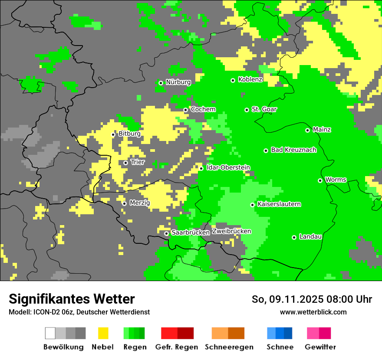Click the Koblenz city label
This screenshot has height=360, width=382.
tap(250, 80)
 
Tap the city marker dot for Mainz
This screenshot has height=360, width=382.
tap(307, 130)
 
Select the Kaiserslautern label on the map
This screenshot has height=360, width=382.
tap(279, 204)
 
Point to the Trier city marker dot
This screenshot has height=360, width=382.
tap(125, 163)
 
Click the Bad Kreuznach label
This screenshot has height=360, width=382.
tap(293, 150)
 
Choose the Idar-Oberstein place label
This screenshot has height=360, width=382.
tap(228, 168)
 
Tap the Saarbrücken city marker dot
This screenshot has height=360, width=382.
tap(166, 233)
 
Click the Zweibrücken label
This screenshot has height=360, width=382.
tap(231, 231)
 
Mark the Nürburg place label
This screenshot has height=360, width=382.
tap(178, 82)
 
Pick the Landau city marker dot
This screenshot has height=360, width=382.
tap(294, 237)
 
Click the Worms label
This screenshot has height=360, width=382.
tap(336, 180)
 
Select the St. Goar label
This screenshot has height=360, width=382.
tap(264, 109)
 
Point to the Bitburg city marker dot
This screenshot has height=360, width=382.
tap(113, 134)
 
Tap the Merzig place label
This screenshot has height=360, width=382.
tap(140, 203)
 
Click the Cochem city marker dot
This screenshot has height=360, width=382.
tap(185, 110)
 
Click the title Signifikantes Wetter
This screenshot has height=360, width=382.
tap(72, 299)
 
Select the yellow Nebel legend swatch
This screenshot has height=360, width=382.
tap(103, 333)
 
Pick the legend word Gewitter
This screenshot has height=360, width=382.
tap(320, 347)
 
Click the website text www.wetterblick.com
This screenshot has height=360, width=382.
tap(313, 312)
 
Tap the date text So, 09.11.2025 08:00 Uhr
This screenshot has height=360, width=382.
tap(312, 299)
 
